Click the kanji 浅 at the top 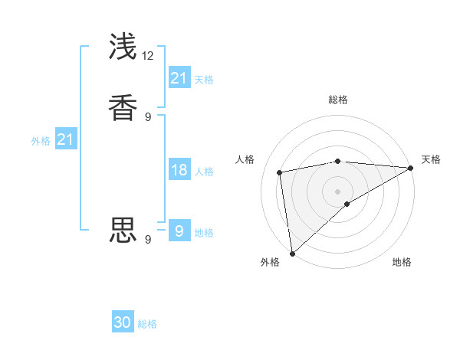[123, 47]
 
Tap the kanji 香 [123, 107]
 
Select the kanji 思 [123, 230]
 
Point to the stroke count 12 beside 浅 [148, 55]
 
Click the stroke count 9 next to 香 [148, 116]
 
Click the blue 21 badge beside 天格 [179, 78]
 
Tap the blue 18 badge [179, 170]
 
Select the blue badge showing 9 [179, 231]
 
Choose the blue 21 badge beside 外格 [65, 139]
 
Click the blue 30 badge [123, 322]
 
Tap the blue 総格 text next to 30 [147, 324]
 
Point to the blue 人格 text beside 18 [204, 172]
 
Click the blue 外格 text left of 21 [41, 141]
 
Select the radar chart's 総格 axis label [338, 100]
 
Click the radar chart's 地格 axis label [402, 263]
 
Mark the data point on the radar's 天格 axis [411, 167]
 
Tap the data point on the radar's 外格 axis [292, 254]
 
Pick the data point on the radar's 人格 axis [281, 172]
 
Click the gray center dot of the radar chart [338, 191]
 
